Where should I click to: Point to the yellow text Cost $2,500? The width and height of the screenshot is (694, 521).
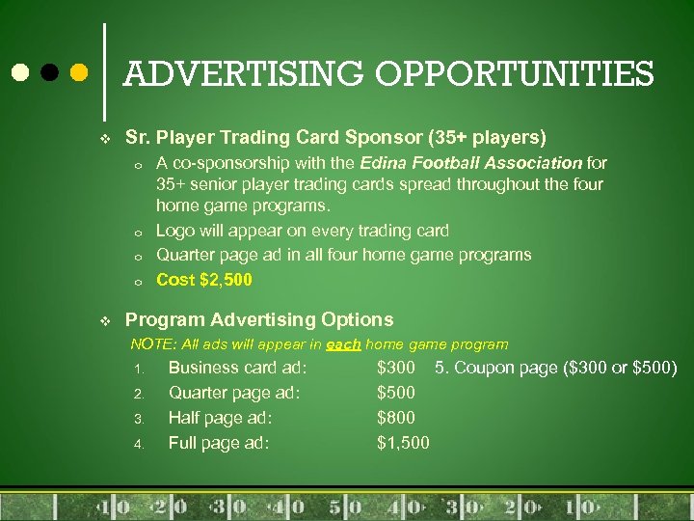pyautogui.click(x=204, y=280)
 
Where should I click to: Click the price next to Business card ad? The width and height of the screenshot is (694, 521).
pyautogui.click(x=395, y=368)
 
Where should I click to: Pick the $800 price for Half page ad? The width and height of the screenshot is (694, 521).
pyautogui.click(x=395, y=418)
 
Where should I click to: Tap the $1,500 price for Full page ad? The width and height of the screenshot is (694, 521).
pyautogui.click(x=403, y=443)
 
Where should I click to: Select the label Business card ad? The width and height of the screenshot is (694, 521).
pyautogui.click(x=237, y=368)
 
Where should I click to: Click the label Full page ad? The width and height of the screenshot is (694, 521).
pyautogui.click(x=219, y=443)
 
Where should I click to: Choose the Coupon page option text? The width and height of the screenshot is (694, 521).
pyautogui.click(x=556, y=368)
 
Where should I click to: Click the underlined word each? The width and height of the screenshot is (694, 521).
pyautogui.click(x=343, y=344)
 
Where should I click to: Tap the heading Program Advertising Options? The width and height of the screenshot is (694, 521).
pyautogui.click(x=259, y=319)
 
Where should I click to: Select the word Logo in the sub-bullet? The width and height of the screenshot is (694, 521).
pyautogui.click(x=175, y=231)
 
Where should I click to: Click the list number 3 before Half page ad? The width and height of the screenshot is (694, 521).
pyautogui.click(x=138, y=420)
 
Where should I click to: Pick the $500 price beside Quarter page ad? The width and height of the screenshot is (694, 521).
pyautogui.click(x=395, y=393)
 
